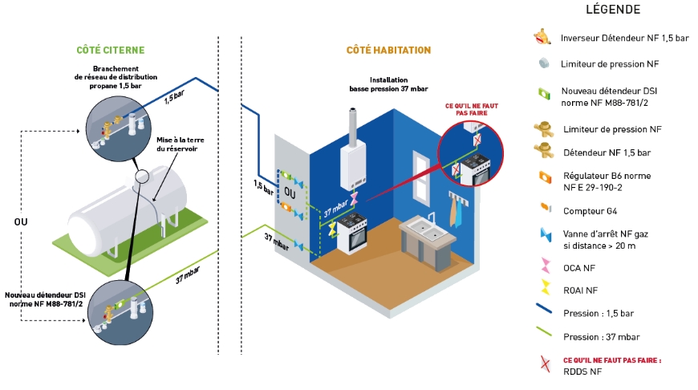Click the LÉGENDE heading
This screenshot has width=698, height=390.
[x=614, y=10]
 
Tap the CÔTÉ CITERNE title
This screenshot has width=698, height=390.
[x=111, y=51]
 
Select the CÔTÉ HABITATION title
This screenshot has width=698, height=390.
[x=388, y=51]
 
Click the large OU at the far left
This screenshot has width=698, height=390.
[x=22, y=221]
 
